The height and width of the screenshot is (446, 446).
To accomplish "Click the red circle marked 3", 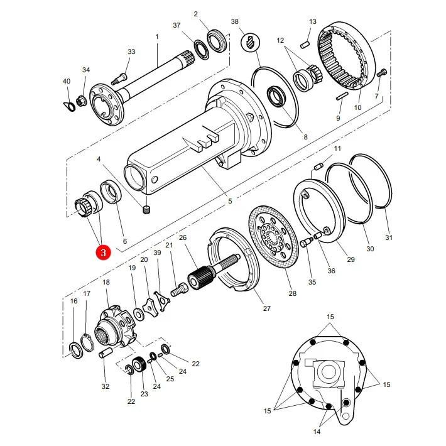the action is point(103,253).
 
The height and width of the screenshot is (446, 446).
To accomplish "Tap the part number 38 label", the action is point(235,21).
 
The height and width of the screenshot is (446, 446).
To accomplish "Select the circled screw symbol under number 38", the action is point(250,43).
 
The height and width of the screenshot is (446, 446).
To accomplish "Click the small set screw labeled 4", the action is point(146,210).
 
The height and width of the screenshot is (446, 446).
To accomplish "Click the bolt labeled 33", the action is point(121,79).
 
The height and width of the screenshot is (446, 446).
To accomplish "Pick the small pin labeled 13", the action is point(305,45).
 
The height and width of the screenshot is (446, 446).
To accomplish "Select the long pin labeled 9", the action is point(342,96).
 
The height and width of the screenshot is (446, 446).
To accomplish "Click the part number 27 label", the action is point(266,308).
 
